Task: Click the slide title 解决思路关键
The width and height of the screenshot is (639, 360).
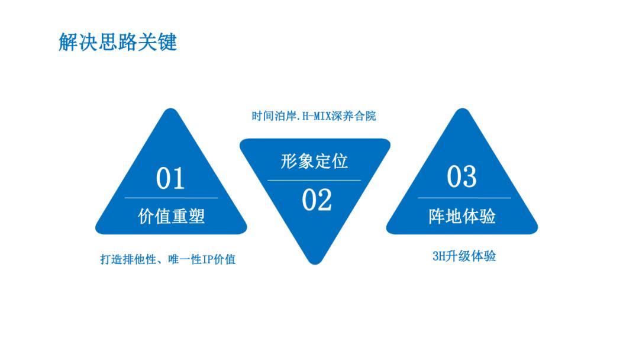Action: (x=118, y=43)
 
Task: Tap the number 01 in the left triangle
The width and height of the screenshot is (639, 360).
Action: (x=170, y=178)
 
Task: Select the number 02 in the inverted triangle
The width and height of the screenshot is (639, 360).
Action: (x=317, y=200)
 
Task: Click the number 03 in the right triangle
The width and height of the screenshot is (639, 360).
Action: (x=461, y=176)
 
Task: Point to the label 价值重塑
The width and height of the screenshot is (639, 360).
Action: (x=171, y=216)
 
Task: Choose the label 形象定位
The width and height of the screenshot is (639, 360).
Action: (x=314, y=161)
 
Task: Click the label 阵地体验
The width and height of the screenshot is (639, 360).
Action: (x=462, y=216)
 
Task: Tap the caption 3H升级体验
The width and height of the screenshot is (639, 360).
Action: (x=464, y=256)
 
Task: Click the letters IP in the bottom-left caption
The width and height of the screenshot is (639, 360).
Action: (x=208, y=259)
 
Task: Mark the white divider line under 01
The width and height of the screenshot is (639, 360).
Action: (x=171, y=198)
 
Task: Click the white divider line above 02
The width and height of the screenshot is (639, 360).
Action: (x=314, y=180)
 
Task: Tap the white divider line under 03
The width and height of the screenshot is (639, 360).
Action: (x=464, y=198)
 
